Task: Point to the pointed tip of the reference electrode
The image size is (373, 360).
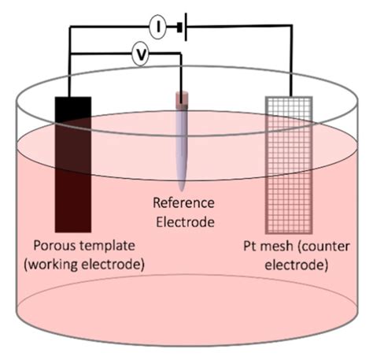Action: click(181, 188)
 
